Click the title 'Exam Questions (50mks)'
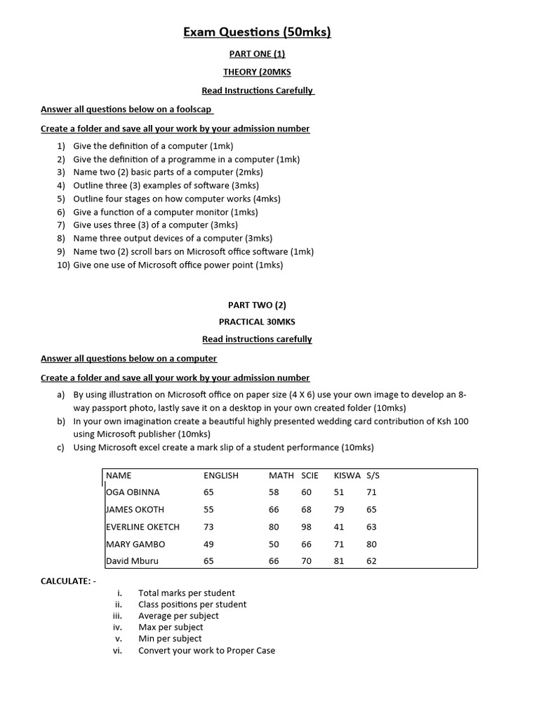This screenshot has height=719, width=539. (257, 32)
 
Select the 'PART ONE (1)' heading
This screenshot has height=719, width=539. (257, 54)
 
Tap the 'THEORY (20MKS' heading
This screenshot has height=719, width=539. (257, 72)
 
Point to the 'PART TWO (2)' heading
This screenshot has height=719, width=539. (257, 305)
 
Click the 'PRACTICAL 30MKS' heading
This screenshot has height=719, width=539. (257, 322)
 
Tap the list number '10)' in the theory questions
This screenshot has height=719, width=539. (63, 265)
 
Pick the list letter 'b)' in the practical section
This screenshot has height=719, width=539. (61, 421)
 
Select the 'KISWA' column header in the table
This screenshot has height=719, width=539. (347, 475)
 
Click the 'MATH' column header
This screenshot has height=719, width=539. (281, 475)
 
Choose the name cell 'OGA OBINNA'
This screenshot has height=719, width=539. (133, 492)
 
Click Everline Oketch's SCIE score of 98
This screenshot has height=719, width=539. (306, 527)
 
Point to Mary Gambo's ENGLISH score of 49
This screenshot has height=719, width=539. (208, 544)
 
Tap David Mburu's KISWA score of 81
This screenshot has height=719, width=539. (339, 561)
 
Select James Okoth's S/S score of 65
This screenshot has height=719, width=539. (371, 510)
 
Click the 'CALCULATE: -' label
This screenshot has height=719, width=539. (69, 581)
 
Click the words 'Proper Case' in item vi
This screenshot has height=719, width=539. (251, 650)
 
